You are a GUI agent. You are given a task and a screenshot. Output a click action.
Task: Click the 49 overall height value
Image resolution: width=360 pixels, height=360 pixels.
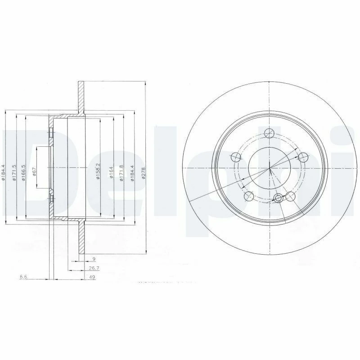click(x=92, y=278)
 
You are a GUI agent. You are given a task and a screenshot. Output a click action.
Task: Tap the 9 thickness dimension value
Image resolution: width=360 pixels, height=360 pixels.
click(x=93, y=259)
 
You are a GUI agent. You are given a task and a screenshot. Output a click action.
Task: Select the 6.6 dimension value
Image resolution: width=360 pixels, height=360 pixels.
click(x=23, y=278)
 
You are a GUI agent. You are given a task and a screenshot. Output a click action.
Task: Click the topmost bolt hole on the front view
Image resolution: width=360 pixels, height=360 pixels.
click(x=269, y=133)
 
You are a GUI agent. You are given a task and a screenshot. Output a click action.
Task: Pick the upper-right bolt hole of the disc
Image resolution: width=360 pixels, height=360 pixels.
click(x=303, y=157)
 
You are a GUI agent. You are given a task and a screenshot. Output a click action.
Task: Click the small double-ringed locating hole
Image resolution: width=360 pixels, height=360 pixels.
click(x=279, y=198)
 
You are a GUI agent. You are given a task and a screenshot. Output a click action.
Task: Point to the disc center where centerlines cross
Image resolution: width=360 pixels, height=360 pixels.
click(x=269, y=168)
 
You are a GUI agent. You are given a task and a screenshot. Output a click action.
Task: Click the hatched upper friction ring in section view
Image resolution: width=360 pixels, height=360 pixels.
click(x=81, y=97)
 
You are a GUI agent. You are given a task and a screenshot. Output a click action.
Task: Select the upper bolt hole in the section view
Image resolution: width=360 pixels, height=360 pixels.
click(x=51, y=134)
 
